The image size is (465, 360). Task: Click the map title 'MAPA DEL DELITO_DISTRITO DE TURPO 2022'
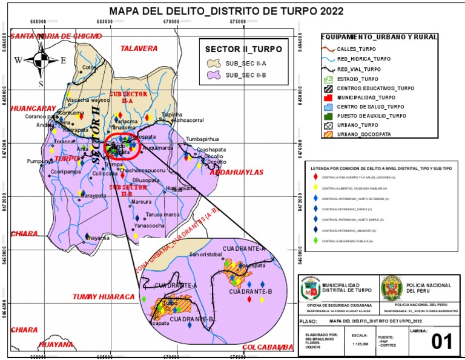pyautogui.click(x=226, y=12)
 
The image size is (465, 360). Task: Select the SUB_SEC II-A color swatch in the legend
pyautogui.click(x=213, y=63)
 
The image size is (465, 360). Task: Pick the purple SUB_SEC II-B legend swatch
pyautogui.click(x=213, y=75)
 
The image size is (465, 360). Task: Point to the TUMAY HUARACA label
pyautogui.click(x=103, y=297)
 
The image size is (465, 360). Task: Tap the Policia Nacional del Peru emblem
pyautogui.click(x=391, y=288)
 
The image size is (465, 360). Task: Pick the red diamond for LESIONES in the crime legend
pyautogui.click(x=315, y=177)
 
